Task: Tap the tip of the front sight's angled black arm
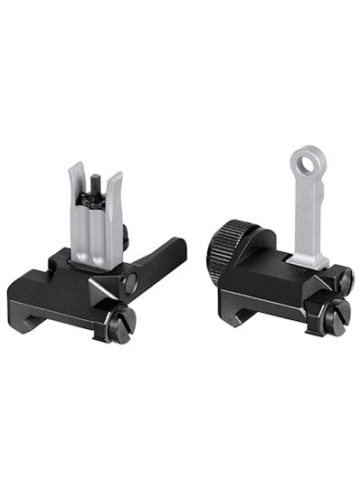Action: point(180,245)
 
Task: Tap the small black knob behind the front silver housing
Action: point(125,238)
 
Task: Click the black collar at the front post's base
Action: point(94,220)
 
